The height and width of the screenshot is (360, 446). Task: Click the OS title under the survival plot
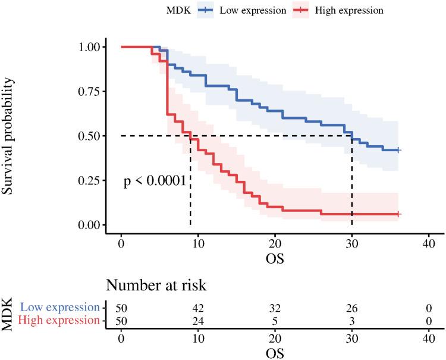pyautogui.click(x=275, y=259)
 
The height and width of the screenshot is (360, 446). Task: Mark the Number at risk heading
pyautogui.click(x=156, y=285)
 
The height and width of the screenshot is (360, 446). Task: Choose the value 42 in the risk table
pyautogui.click(x=198, y=308)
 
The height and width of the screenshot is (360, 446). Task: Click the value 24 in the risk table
pyautogui.click(x=198, y=320)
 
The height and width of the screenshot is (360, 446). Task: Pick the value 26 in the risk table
pyautogui.click(x=351, y=308)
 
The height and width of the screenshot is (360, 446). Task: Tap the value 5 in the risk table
pyautogui.click(x=275, y=320)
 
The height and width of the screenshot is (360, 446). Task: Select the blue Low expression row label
pyautogui.click(x=59, y=308)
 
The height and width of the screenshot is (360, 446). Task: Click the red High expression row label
pyautogui.click(x=58, y=320)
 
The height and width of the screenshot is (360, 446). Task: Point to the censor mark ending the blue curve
pyautogui.click(x=398, y=151)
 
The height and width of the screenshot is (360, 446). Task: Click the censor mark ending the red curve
pyautogui.click(x=398, y=214)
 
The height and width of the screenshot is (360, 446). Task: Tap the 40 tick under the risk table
pyautogui.click(x=428, y=337)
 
